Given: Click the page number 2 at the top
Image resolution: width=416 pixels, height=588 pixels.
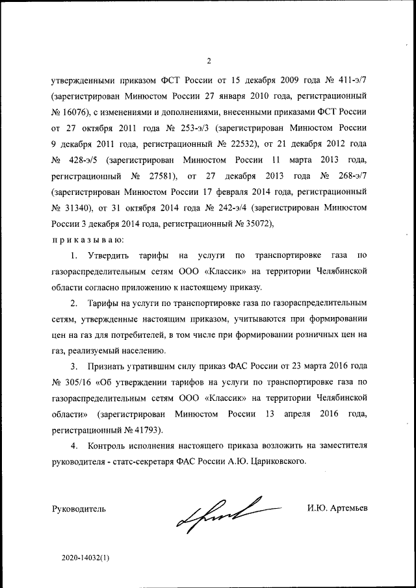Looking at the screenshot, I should [209, 62].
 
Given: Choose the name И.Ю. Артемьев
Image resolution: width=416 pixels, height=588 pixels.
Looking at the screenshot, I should [338, 507].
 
